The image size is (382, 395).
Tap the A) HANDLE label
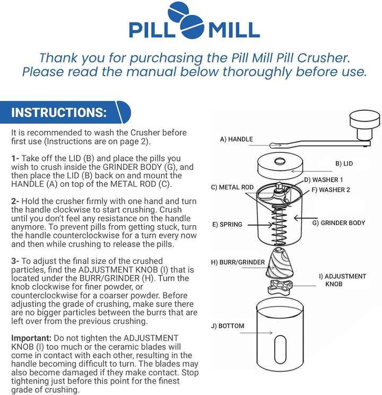pos(236,140)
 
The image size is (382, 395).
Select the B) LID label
pos(345,164)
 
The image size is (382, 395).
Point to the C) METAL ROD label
pos(232,187)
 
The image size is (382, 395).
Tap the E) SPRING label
pos(227,225)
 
